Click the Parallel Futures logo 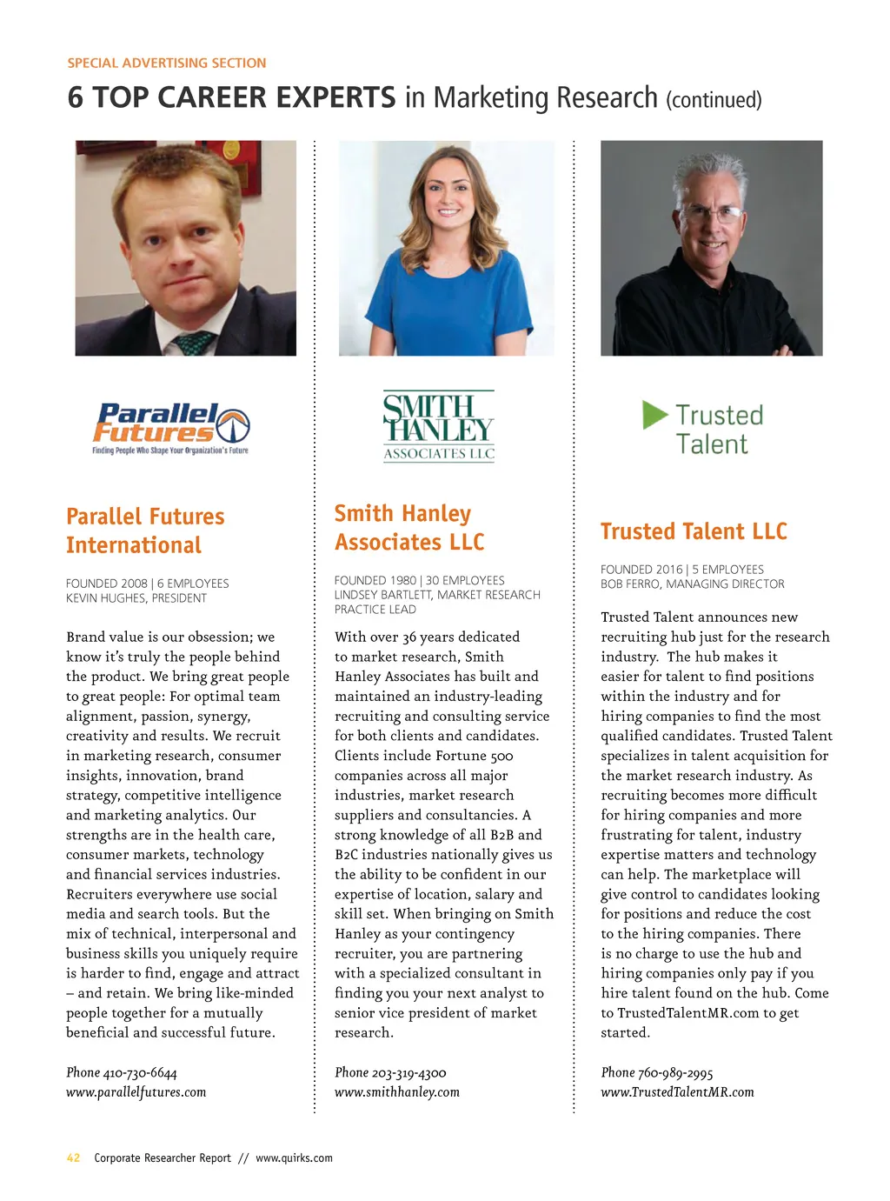(171, 428)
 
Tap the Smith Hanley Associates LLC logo (439, 425)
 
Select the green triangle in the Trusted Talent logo (654, 415)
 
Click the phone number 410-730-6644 (140, 1072)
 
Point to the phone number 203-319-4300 (408, 1072)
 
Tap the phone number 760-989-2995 (675, 1072)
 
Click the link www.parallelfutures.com (136, 1092)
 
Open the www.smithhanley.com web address (397, 1092)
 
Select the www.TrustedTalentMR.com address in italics (677, 1092)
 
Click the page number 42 (74, 1158)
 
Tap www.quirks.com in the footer (294, 1158)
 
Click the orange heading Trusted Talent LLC (694, 531)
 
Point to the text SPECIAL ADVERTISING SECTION (167, 63)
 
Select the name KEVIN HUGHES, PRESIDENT (136, 598)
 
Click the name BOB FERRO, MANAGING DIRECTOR (692, 584)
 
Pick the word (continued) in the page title (714, 100)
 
